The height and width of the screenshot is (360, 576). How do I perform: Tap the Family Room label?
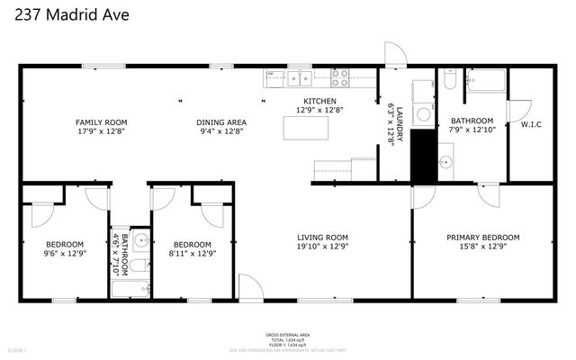[101, 122]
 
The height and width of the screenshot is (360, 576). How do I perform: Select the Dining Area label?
[221, 122]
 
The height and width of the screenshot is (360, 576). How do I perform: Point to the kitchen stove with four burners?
[339, 76]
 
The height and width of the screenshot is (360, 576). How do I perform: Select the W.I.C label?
[531, 124]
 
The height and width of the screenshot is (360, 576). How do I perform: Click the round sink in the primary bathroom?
[445, 163]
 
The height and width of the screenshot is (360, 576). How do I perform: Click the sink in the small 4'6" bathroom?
[139, 240]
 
